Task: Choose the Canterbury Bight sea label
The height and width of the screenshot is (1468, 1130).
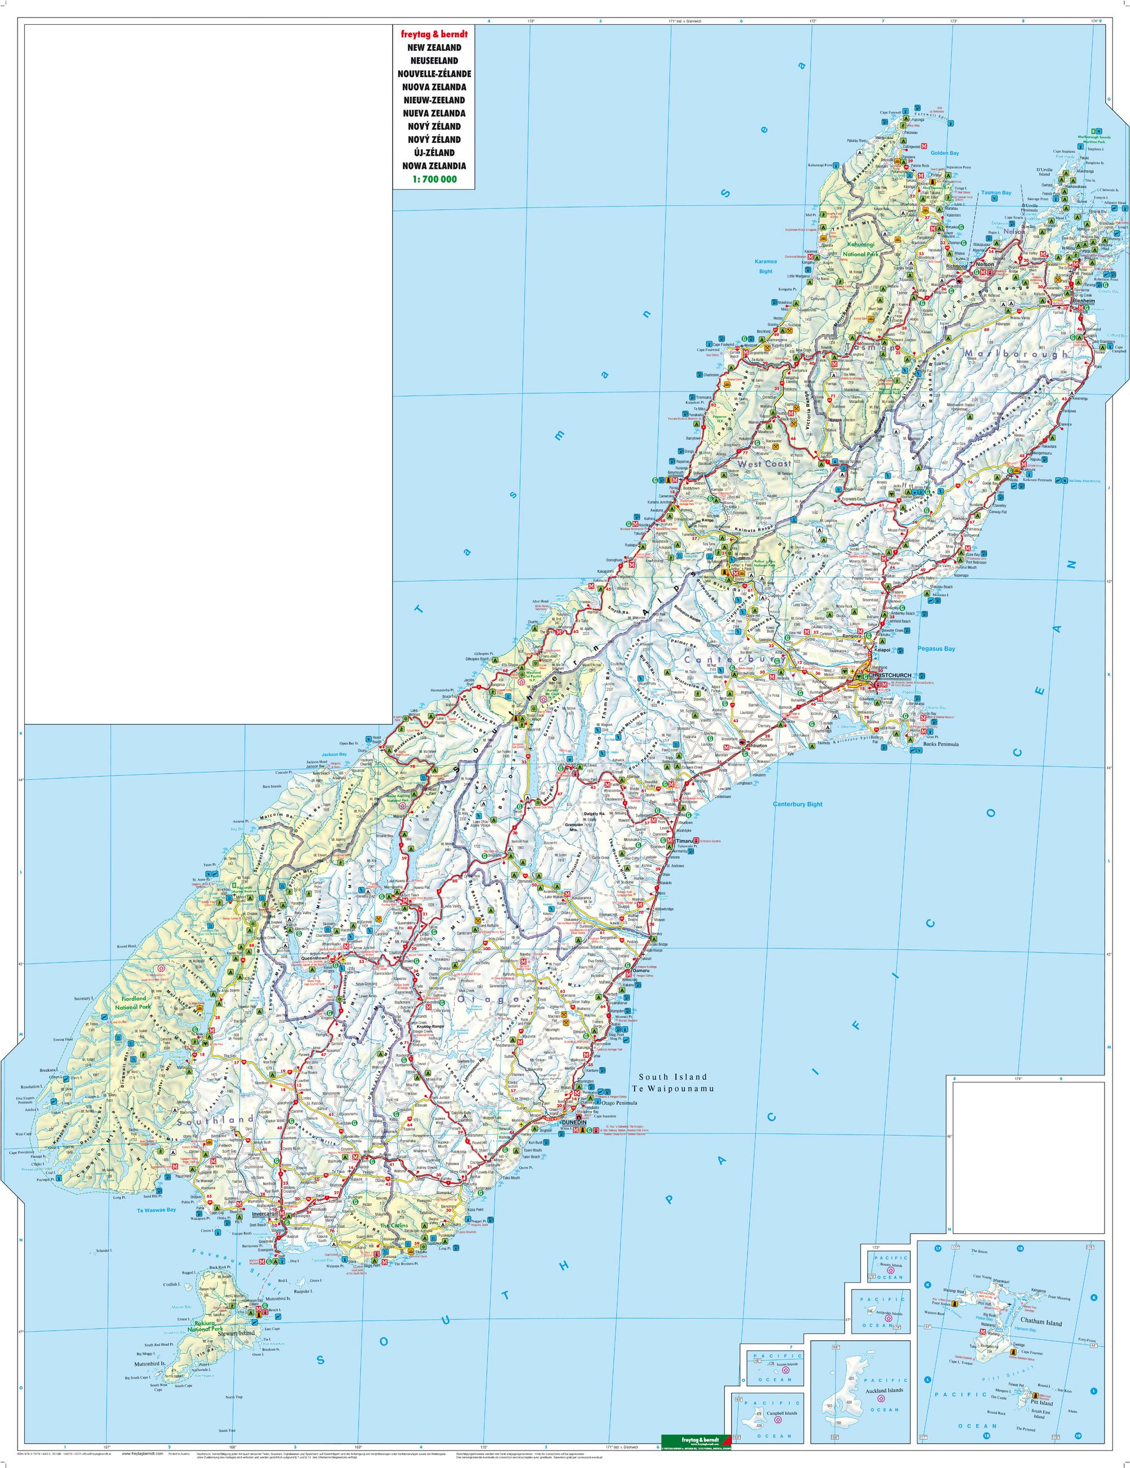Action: click(x=797, y=804)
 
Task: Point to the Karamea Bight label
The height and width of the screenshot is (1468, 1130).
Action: click(x=760, y=266)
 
